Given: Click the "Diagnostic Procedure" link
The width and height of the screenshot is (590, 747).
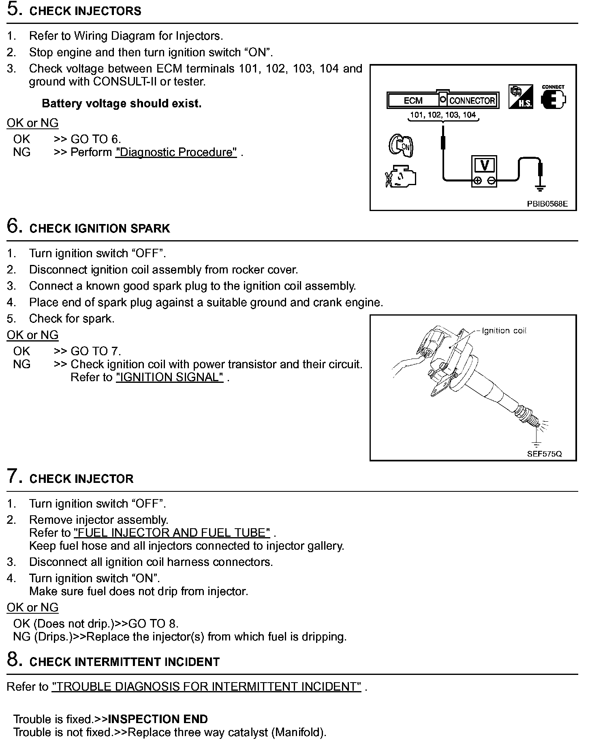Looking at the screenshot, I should [x=176, y=152].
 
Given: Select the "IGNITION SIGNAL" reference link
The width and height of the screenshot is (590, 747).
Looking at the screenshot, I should [x=169, y=378].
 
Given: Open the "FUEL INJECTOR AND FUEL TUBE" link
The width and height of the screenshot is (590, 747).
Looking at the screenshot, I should [x=172, y=533].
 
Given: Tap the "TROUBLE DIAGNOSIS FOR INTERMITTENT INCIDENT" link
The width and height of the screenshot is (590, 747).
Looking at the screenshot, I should [x=206, y=687].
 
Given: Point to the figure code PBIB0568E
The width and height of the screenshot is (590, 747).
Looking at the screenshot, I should [x=547, y=204].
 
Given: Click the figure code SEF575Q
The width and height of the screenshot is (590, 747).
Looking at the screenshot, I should [x=544, y=454].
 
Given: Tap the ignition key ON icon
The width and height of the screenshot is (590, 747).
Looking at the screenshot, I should [x=401, y=145].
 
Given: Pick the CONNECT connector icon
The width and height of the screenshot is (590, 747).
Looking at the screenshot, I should [x=553, y=97].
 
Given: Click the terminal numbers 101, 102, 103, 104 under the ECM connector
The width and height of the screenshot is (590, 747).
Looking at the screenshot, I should [x=443, y=115].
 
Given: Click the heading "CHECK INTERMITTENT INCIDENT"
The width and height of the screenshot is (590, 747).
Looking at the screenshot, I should [x=124, y=662].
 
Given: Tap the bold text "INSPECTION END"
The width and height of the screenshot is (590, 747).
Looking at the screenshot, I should [x=158, y=719].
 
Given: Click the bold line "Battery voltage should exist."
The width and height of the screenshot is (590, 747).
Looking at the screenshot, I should [x=122, y=104].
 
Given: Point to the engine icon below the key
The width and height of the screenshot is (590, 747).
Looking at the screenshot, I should [x=400, y=177].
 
